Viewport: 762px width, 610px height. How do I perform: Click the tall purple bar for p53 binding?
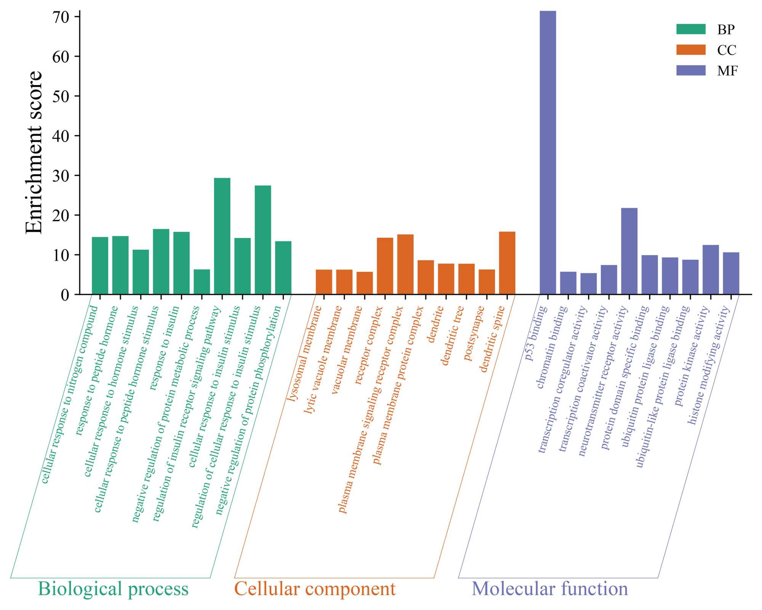coord(547,152)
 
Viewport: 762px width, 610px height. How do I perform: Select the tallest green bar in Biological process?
coord(222,236)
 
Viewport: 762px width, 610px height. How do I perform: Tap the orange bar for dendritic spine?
coord(507,263)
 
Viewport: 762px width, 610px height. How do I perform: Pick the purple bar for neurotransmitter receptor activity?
coord(629,251)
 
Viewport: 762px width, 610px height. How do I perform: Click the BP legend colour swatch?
coord(691,29)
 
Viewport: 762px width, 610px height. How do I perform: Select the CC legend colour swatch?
coord(691,50)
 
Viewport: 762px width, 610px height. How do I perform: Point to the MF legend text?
coord(727,71)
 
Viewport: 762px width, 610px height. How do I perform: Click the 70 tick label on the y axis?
coord(61,17)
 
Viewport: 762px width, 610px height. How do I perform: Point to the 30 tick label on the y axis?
coord(61,176)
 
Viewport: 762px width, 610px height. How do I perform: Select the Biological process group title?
coord(113,589)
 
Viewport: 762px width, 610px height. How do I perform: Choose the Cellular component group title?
coord(315,589)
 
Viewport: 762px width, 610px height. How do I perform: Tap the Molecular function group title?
coord(550,589)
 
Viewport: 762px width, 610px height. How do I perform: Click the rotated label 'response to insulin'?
coord(164,348)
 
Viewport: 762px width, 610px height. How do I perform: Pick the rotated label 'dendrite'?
coord(435,324)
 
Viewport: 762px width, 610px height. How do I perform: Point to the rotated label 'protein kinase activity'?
coord(692,356)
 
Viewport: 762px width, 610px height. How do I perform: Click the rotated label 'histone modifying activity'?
coord(708,365)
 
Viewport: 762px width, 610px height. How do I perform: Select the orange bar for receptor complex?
coord(385,266)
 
